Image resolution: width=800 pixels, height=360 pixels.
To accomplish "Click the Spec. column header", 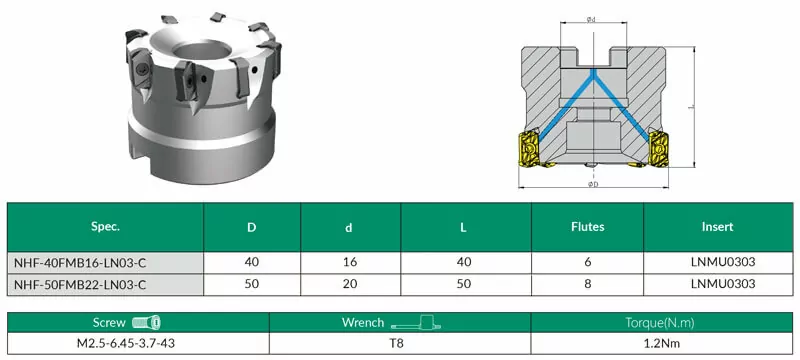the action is click(x=105, y=227).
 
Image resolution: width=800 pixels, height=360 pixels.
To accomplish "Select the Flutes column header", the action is click(x=588, y=226).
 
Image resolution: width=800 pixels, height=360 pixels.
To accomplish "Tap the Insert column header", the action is click(x=718, y=226).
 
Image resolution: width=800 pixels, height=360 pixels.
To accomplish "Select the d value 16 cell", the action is click(x=350, y=263).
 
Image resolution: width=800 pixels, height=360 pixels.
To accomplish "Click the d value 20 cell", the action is click(x=350, y=284).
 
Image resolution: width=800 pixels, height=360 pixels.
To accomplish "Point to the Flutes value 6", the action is click(x=588, y=263).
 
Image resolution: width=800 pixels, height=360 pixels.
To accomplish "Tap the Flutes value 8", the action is click(x=588, y=284).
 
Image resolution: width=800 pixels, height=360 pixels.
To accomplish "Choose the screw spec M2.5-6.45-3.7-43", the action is click(x=126, y=343).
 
